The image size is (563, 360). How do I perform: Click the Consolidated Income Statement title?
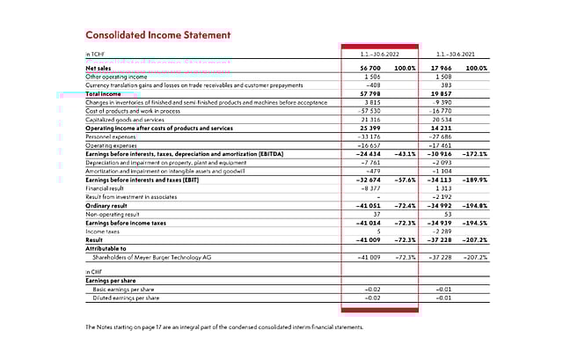click(158, 35)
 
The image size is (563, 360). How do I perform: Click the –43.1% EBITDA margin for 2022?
click(403, 154)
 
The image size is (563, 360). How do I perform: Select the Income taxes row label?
click(103, 231)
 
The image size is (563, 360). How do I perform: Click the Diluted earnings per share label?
click(127, 298)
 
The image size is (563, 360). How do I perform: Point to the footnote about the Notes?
click(223, 327)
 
